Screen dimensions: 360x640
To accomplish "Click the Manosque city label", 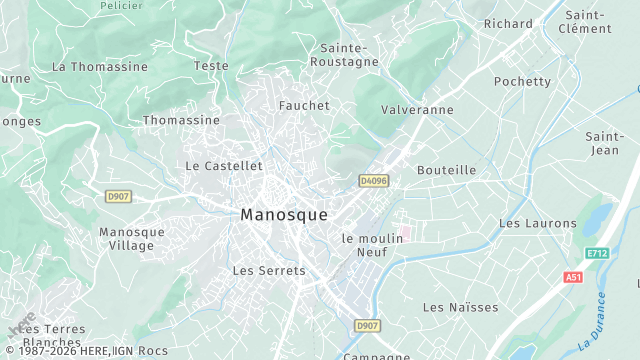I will (284, 214).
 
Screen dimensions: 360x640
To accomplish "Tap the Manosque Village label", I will (132, 238).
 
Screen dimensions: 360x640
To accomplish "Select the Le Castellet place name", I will (224, 165).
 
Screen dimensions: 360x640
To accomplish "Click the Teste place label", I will (211, 66).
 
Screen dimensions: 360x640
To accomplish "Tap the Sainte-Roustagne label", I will (349, 54).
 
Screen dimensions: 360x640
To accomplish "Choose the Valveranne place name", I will (417, 110).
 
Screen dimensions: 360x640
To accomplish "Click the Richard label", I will (508, 23).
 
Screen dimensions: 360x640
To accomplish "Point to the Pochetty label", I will (522, 81).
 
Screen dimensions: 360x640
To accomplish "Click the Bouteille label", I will (446, 170).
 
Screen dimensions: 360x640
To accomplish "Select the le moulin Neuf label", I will (371, 245).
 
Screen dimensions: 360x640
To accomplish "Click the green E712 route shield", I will (598, 253).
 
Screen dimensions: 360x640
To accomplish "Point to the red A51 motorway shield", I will (573, 277).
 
